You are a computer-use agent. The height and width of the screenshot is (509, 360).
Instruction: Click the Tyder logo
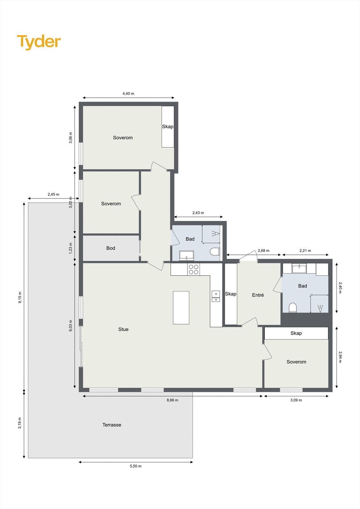click(x=39, y=42)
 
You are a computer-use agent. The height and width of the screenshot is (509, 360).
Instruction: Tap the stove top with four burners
click(x=194, y=269)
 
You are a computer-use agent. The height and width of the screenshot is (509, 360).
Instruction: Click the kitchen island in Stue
click(x=181, y=308)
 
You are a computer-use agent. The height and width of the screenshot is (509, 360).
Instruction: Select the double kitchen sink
click(x=215, y=296)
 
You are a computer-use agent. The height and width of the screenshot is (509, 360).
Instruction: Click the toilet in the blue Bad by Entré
click(x=293, y=308)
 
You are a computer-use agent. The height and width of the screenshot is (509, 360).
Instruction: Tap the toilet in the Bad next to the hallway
click(x=215, y=252)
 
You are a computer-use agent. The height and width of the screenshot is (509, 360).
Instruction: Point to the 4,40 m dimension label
click(x=128, y=94)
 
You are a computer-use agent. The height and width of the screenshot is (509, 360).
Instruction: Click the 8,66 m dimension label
click(x=172, y=400)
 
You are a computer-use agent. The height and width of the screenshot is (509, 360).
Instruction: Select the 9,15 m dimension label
click(x=20, y=297)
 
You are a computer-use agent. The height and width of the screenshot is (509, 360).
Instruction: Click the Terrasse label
click(x=112, y=425)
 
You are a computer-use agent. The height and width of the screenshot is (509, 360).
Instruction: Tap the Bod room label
click(x=111, y=248)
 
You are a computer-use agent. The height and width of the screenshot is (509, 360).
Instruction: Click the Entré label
click(x=258, y=295)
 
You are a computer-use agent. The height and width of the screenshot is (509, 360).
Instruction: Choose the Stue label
click(x=124, y=329)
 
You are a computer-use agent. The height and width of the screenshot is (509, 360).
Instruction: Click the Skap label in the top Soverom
click(x=168, y=127)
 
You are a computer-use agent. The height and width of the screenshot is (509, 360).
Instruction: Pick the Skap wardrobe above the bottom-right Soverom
click(x=296, y=333)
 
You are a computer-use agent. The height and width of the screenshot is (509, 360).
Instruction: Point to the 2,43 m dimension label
click(x=198, y=213)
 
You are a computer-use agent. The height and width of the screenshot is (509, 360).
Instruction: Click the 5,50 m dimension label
click(x=136, y=466)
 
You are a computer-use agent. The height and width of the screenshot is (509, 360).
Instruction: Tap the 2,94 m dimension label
click(x=340, y=357)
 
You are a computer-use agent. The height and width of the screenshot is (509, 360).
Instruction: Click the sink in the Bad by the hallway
click(x=187, y=255)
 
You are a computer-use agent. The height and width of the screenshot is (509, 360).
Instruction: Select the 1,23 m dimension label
click(x=71, y=248)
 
